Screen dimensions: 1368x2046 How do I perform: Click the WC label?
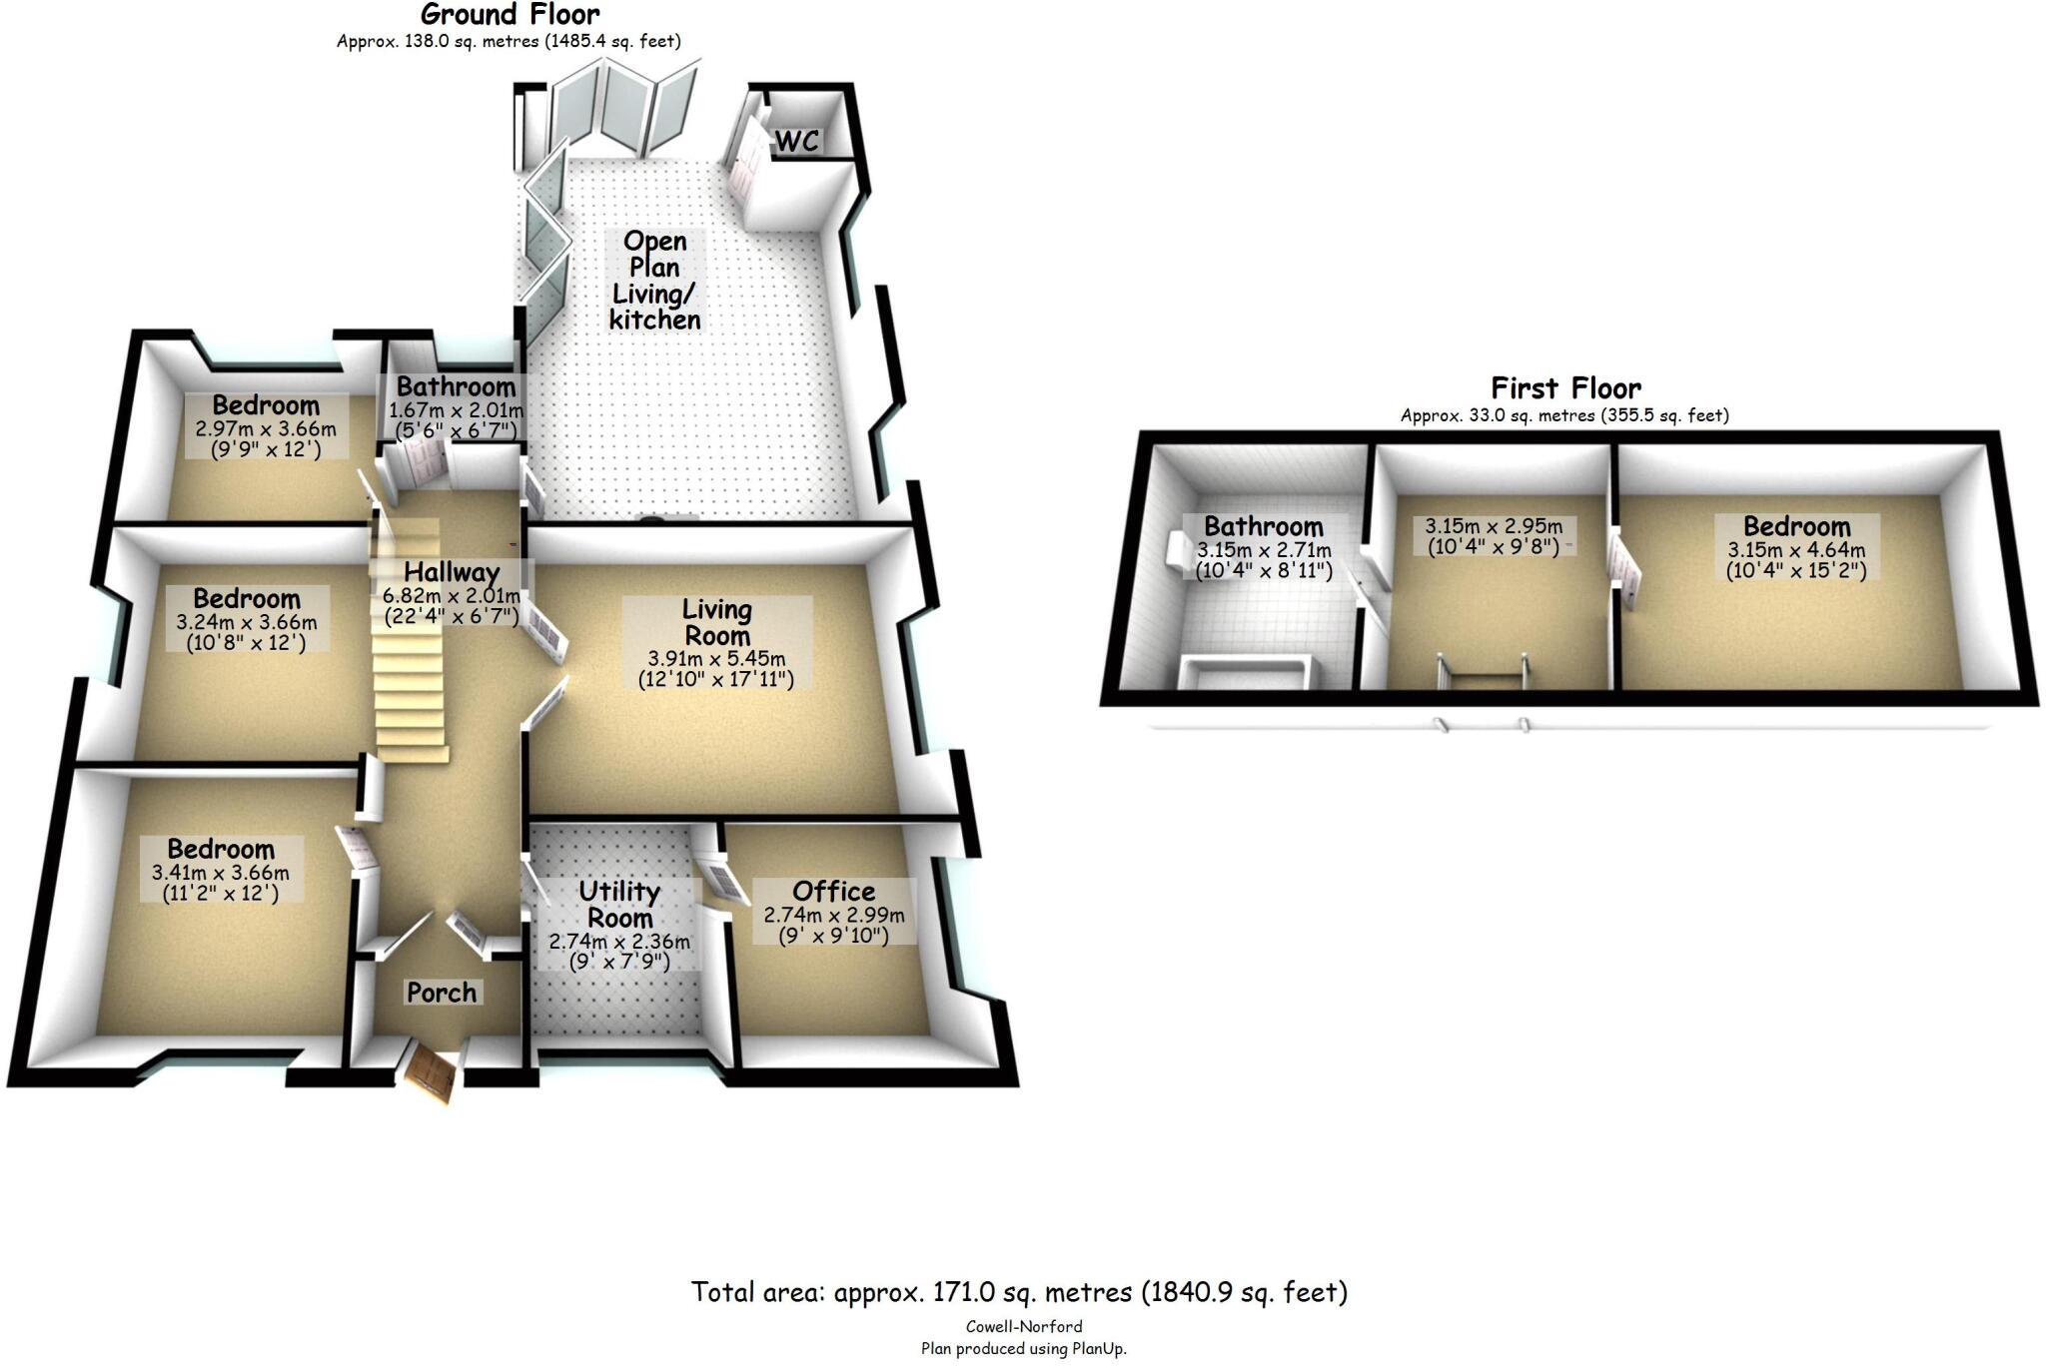(797, 141)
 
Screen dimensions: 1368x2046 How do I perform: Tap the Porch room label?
(442, 992)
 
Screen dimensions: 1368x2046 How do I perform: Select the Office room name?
(833, 891)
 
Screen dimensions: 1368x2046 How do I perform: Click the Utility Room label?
(619, 905)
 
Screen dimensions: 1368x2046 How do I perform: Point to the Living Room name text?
(716, 622)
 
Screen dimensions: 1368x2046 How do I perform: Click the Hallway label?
(452, 572)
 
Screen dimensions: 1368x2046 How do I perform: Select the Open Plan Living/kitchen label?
(654, 280)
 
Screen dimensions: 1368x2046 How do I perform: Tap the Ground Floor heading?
(510, 14)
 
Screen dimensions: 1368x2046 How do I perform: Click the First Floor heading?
(1564, 387)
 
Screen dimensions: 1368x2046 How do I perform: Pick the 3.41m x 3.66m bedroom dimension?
(221, 873)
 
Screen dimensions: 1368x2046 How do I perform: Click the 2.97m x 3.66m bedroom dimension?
(266, 429)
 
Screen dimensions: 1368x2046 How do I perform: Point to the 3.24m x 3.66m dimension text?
(247, 622)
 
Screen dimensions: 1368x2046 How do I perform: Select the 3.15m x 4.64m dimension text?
(1796, 550)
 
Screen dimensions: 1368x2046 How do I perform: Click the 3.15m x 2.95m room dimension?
(1494, 526)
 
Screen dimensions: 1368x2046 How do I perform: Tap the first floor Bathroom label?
(1263, 526)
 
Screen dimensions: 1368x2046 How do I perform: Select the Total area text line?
(1019, 1292)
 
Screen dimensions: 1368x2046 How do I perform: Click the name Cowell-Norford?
(1024, 1327)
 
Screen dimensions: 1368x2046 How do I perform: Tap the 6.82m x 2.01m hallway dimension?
(452, 596)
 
